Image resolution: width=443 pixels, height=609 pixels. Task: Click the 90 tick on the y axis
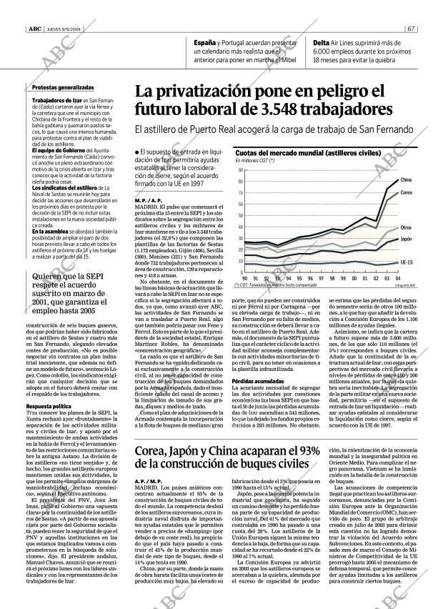(x=239, y=169)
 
